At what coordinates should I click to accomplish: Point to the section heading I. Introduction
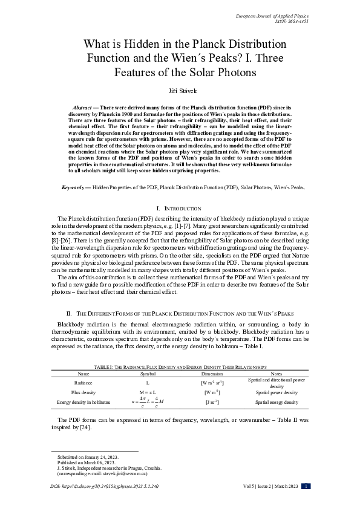coord(180,209)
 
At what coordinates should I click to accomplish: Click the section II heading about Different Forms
coord(180,314)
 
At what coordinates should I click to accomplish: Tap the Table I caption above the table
coord(180,367)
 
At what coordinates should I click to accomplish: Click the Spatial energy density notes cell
coord(277,401)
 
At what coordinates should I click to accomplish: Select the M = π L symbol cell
coord(148,392)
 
